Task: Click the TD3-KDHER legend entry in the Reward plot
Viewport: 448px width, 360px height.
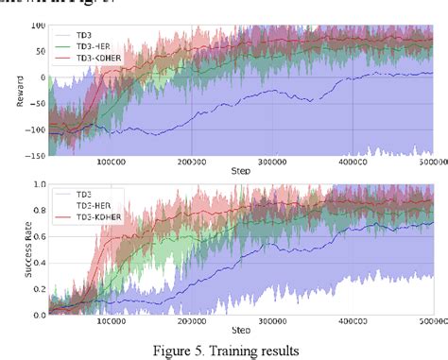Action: pyautogui.click(x=78, y=57)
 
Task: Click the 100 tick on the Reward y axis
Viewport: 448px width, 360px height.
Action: pyautogui.click(x=36, y=25)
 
